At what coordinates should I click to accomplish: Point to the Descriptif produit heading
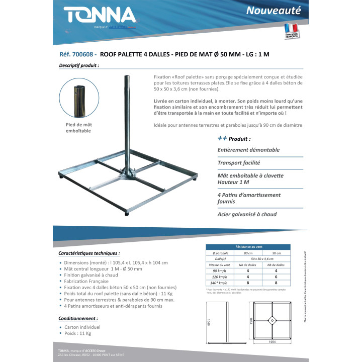[x=79, y=65]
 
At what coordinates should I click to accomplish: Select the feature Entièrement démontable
[x=248, y=150]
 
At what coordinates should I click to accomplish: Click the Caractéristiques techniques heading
[x=89, y=253]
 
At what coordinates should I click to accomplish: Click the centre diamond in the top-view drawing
[x=273, y=319]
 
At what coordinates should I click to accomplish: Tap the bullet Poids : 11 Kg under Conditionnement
[x=79, y=333]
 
